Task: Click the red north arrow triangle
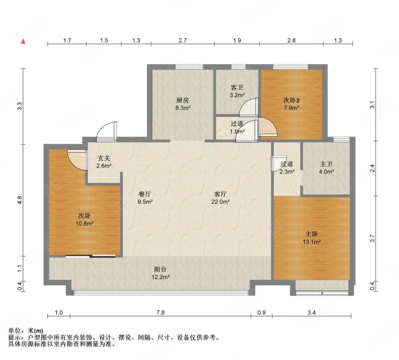click(23, 41)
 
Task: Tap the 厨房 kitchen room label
click(183, 100)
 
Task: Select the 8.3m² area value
click(183, 108)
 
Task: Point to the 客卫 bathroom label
click(237, 88)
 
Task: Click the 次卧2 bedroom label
click(291, 100)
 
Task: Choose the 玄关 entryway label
click(104, 158)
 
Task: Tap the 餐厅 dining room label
click(145, 194)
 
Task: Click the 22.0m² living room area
click(220, 202)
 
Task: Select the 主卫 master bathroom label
click(326, 164)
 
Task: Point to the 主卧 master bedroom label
click(311, 234)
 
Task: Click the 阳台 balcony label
click(161, 269)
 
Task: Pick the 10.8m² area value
click(84, 224)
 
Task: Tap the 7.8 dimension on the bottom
click(161, 313)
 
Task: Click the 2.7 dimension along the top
click(183, 40)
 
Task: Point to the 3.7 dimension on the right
click(372, 238)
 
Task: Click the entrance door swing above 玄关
click(107, 132)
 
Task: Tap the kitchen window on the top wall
click(189, 67)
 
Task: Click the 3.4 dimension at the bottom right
click(312, 313)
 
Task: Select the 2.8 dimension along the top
click(291, 40)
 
